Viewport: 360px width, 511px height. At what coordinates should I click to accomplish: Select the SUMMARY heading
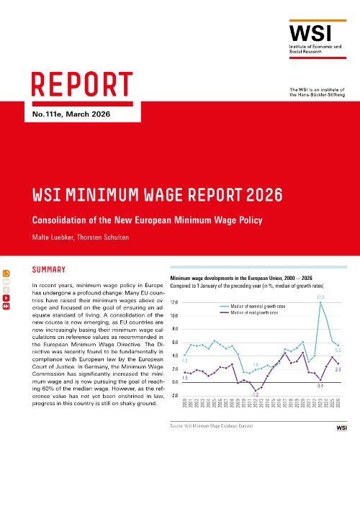click(49, 270)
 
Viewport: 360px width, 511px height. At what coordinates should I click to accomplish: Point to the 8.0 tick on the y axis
click(175, 329)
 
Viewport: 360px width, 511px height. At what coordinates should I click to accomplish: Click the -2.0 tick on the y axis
click(174, 396)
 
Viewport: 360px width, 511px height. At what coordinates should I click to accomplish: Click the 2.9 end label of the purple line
click(338, 369)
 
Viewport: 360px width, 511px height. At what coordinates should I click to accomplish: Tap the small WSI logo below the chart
click(341, 428)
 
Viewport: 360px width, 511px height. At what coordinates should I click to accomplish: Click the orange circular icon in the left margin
click(6, 273)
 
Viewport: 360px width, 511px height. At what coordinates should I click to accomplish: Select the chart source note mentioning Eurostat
click(212, 427)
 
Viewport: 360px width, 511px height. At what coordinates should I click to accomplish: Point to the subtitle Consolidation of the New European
click(136, 219)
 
